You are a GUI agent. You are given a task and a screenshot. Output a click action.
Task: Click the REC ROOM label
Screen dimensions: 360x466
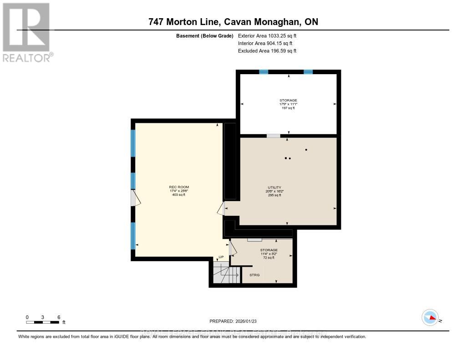pyautogui.click(x=179, y=187)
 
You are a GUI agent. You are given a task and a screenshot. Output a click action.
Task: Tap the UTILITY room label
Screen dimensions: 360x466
pyautogui.click(x=274, y=188)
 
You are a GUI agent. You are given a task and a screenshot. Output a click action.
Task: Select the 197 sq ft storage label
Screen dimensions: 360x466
pyautogui.click(x=288, y=100)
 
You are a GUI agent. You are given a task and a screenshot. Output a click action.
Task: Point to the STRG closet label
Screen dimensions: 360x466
pyautogui.click(x=254, y=275)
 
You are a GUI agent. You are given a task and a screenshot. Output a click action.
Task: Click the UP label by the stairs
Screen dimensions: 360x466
pyautogui.click(x=221, y=257)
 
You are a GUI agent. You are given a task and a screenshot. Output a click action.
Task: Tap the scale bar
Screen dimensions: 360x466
pyautogui.click(x=43, y=322)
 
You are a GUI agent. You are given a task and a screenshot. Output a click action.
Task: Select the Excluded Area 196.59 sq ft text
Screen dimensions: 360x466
pyautogui.click(x=267, y=51)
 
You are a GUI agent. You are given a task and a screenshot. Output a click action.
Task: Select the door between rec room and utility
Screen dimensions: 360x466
pyautogui.click(x=221, y=208)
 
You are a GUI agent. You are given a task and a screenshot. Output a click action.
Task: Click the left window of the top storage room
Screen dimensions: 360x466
pyautogui.click(x=263, y=72)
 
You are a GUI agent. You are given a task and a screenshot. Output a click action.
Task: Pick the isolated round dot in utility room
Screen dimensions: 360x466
pyautogui.click(x=306, y=149)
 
